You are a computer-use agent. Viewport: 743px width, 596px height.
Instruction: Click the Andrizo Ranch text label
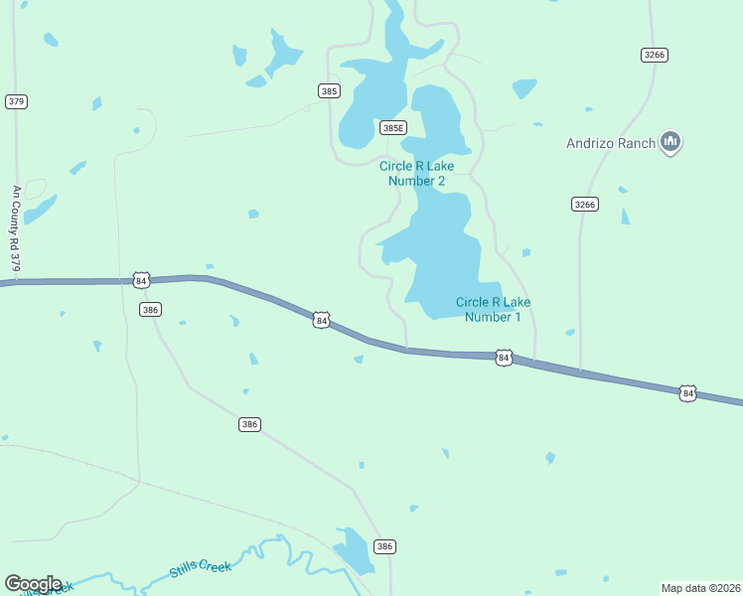611,143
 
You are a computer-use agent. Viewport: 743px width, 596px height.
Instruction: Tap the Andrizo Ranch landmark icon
670,143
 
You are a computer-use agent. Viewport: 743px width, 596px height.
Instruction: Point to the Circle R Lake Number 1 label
493,309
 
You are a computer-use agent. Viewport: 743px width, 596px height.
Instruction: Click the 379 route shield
15,101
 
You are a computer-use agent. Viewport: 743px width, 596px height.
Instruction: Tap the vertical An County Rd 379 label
16,228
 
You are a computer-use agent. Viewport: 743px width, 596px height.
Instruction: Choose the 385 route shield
330,90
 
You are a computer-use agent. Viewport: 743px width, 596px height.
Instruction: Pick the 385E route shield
393,127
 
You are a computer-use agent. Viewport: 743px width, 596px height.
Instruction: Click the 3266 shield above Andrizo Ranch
654,55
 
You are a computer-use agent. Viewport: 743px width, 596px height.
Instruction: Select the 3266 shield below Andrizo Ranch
585,204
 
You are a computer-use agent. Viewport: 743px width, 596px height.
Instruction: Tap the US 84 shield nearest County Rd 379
141,281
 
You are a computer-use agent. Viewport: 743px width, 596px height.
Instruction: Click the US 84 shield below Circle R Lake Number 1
504,357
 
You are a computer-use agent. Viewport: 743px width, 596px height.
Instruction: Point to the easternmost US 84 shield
688,393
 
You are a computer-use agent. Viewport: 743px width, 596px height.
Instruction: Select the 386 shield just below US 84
150,310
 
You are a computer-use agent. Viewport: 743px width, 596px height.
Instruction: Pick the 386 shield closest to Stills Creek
384,546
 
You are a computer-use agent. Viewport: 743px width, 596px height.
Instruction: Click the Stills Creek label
200,567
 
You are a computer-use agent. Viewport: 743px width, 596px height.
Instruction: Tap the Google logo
33,584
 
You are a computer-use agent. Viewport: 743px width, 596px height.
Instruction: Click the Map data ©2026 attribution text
700,587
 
